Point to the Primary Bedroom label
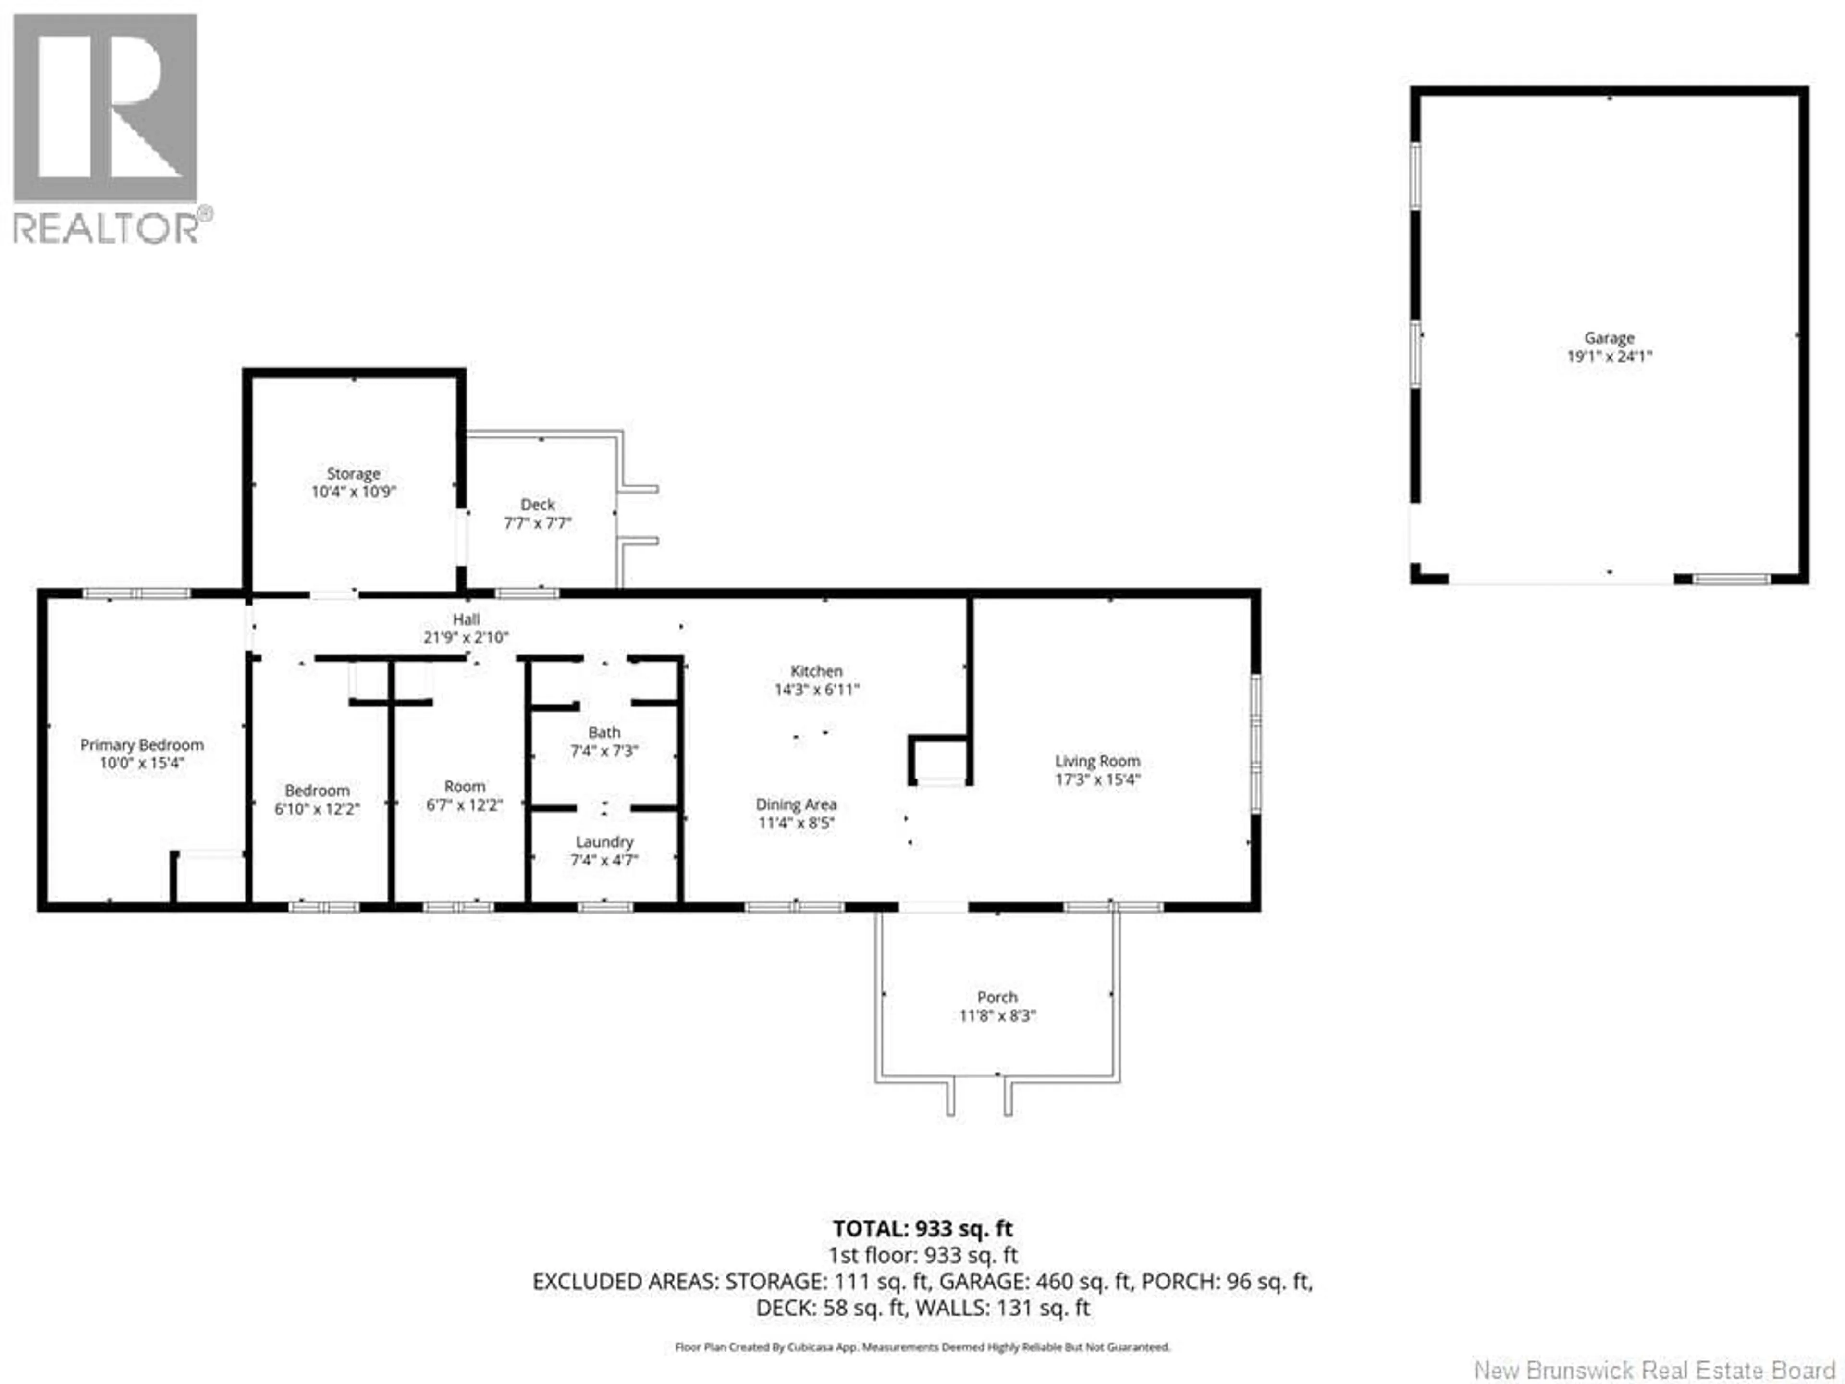[x=142, y=745]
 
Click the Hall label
[x=466, y=619]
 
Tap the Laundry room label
[x=604, y=842]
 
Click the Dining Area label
[x=796, y=804]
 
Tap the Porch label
[x=997, y=997]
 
